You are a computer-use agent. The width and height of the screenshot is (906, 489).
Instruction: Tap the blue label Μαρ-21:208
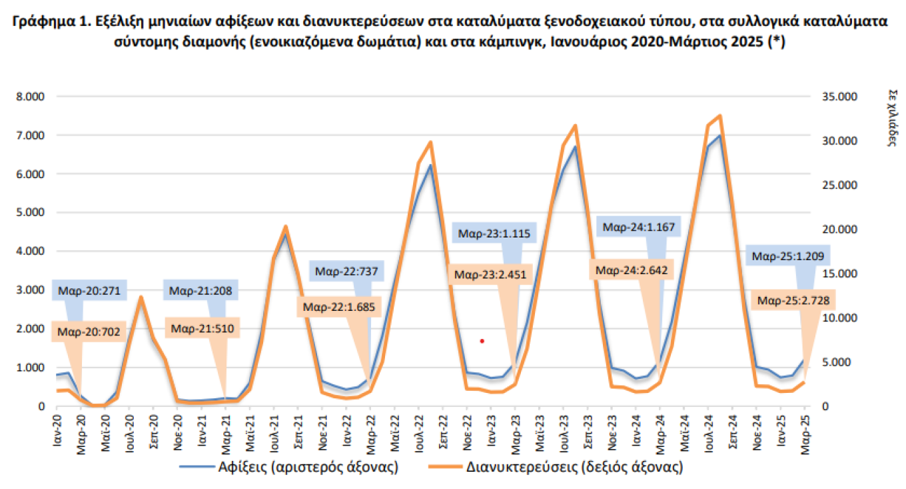200,291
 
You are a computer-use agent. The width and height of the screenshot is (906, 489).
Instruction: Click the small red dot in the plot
482,341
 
